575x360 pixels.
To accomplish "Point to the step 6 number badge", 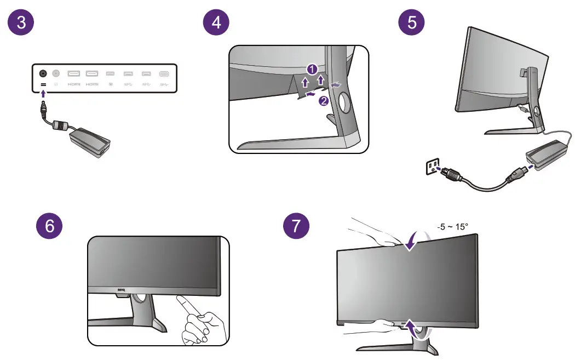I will (x=50, y=226).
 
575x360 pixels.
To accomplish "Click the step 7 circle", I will (x=296, y=226).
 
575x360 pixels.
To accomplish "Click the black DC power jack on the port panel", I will (x=43, y=73).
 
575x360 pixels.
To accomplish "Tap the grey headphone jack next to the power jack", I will (x=56, y=73).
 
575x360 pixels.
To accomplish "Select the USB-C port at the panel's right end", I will (x=164, y=73).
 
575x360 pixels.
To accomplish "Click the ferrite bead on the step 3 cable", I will (x=58, y=127).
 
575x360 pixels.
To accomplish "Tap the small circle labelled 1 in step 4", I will (x=311, y=69).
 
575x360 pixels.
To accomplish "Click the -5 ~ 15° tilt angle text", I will (x=452, y=226).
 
